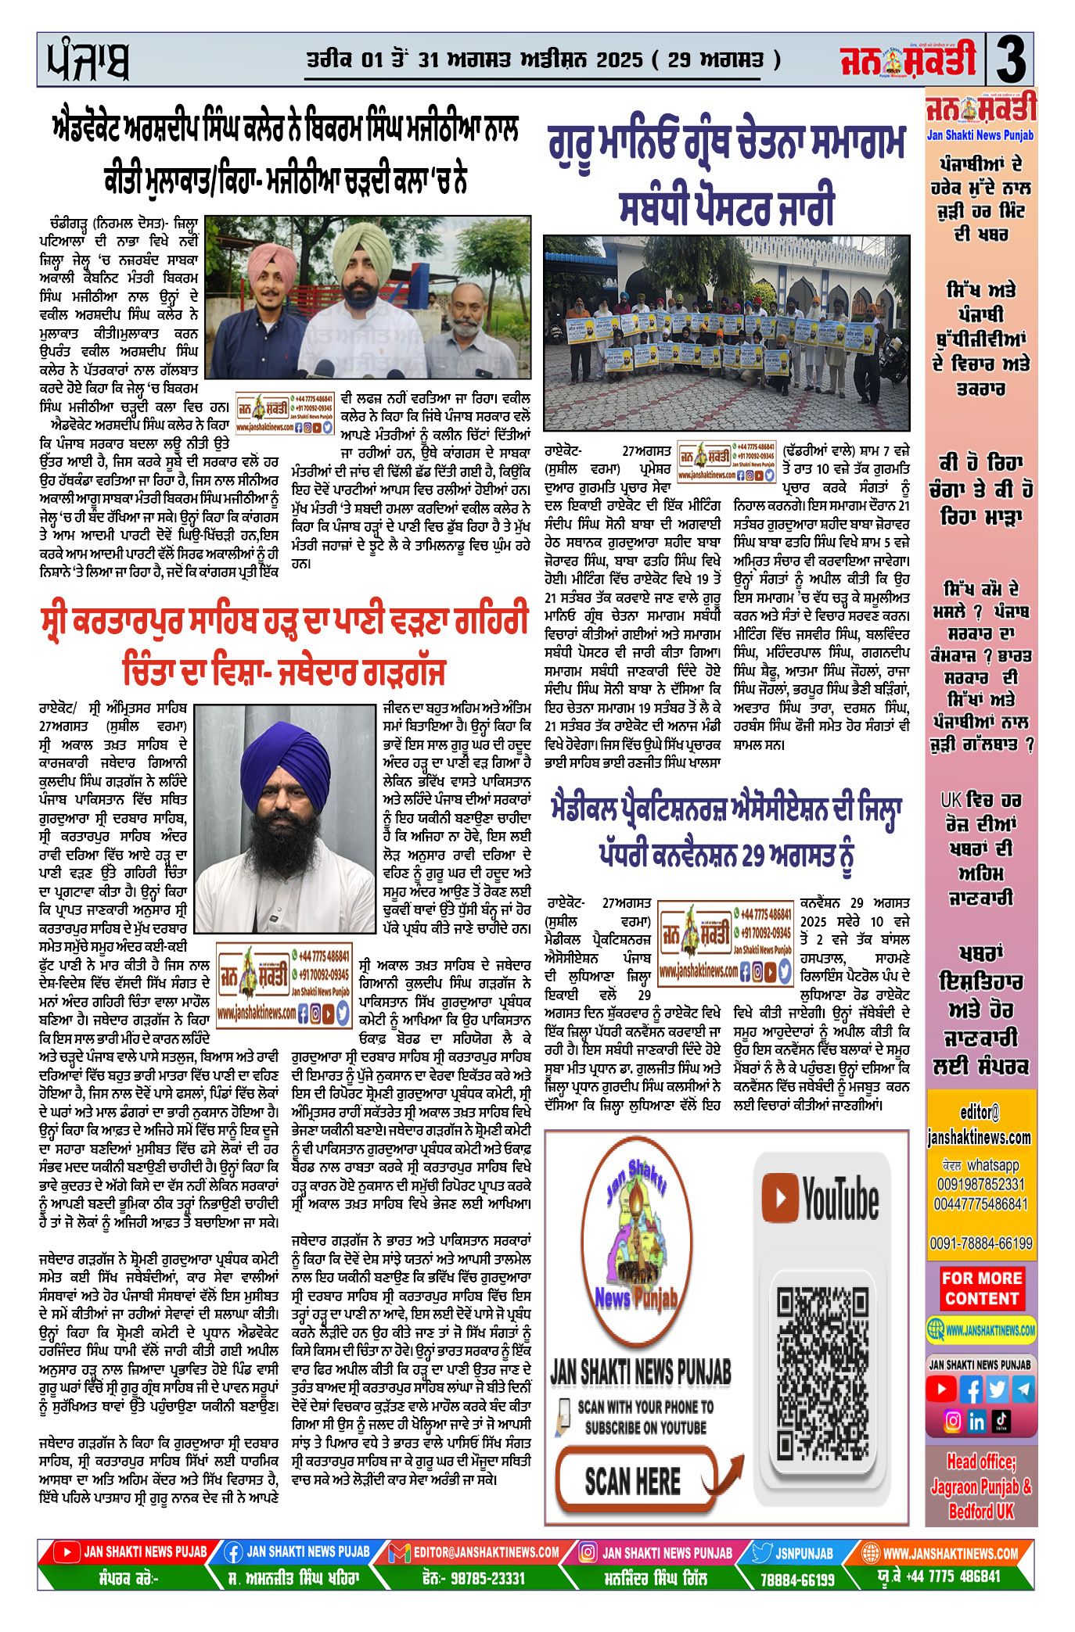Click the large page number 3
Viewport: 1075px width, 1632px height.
coord(1011,60)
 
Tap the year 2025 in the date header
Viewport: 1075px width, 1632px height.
coord(619,60)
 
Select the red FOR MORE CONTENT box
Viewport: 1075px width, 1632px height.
coord(981,1288)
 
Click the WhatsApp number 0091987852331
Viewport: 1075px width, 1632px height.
coord(981,1185)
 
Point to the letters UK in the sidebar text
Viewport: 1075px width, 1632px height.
coord(951,800)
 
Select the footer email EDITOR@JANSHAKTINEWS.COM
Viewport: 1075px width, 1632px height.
coord(486,1553)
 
